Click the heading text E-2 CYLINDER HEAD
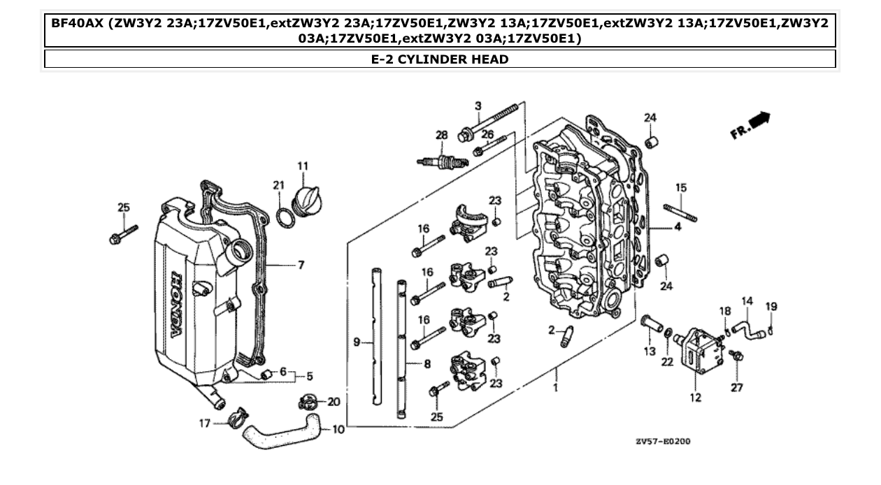click(440, 59)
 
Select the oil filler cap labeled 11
click(307, 200)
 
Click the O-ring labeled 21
click(285, 217)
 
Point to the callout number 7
click(301, 266)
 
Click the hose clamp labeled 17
click(236, 419)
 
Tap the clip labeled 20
click(308, 402)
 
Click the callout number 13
click(650, 351)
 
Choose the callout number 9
click(356, 342)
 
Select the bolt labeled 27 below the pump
click(736, 356)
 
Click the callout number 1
click(556, 386)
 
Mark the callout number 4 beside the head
click(677, 227)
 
